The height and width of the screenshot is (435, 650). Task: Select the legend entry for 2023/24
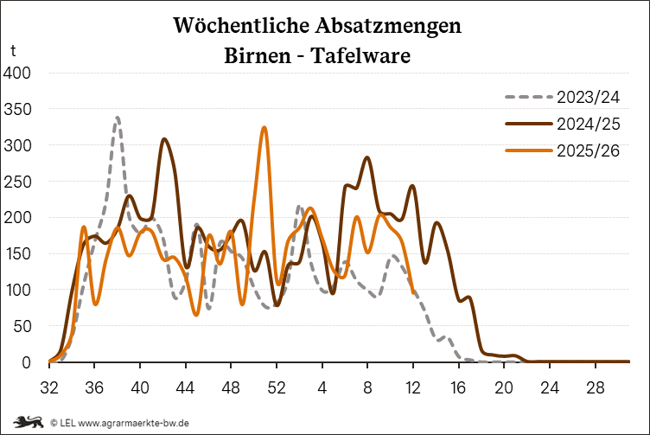(589, 96)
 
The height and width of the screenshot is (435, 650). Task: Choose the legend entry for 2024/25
(589, 124)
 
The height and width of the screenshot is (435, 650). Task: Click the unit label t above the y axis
(12, 52)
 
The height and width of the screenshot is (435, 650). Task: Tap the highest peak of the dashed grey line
(117, 118)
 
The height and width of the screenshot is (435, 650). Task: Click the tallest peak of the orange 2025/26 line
(264, 128)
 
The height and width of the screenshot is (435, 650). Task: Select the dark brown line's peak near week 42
(164, 139)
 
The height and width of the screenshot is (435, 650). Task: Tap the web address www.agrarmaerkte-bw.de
(134, 422)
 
